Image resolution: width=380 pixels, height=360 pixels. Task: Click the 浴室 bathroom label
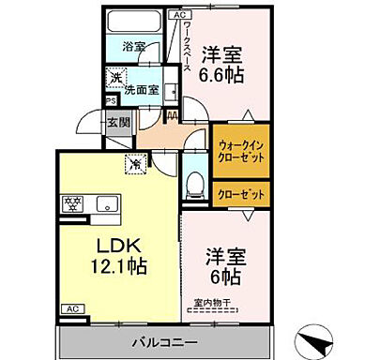click(x=134, y=46)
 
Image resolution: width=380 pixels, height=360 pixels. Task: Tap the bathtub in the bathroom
click(x=134, y=22)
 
